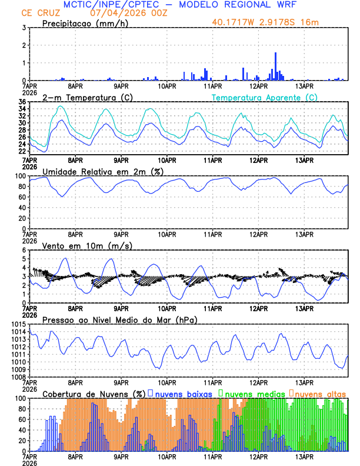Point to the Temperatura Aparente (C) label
coord(264,97)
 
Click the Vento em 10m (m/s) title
coord(88,245)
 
